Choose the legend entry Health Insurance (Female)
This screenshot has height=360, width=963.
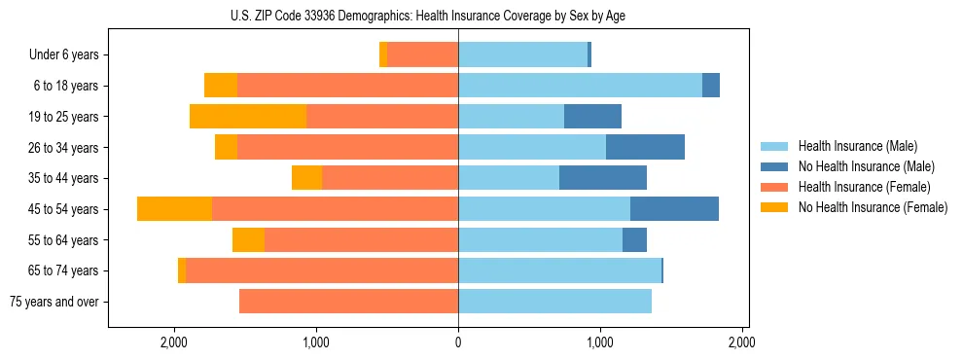click(857, 187)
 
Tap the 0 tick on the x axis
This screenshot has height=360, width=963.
click(458, 342)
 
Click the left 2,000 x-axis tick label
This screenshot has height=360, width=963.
click(174, 342)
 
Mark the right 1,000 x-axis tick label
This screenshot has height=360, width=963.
click(600, 342)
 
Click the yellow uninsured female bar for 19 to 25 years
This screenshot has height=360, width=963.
click(248, 117)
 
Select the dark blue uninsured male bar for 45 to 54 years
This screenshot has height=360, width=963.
click(674, 209)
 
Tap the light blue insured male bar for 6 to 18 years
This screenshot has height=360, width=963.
click(580, 86)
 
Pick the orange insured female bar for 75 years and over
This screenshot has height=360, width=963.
click(348, 302)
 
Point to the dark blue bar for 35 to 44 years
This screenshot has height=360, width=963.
click(603, 178)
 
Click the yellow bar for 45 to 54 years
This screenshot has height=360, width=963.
click(174, 209)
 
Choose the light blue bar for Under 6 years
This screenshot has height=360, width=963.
click(522, 55)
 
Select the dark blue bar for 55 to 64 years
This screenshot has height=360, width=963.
click(634, 240)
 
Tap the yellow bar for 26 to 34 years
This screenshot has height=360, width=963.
click(226, 148)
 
